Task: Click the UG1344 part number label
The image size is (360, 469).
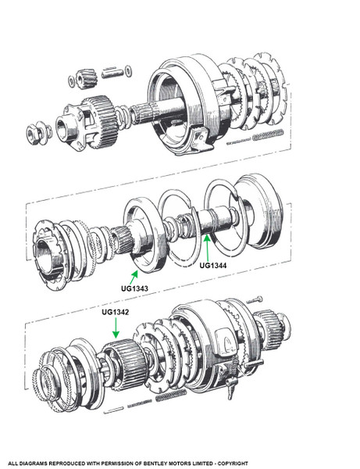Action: [x=213, y=265]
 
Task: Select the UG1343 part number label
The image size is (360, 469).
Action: [x=134, y=288]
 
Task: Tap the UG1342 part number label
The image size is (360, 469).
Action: [x=116, y=312]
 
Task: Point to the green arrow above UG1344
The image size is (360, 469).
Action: [x=208, y=248]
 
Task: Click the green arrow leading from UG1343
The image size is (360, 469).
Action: [x=134, y=277]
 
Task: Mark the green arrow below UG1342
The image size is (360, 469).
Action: [x=116, y=328]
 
